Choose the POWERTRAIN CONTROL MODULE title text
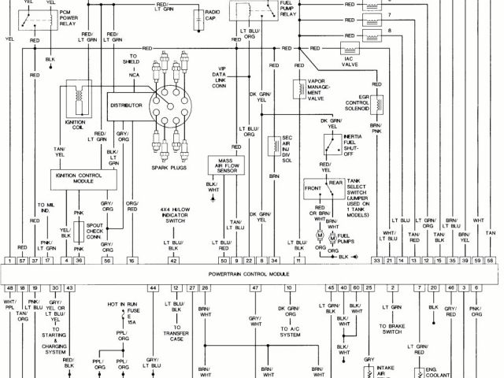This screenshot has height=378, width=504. pyautogui.click(x=253, y=272)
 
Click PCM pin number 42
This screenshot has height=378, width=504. pyautogui.click(x=172, y=259)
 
